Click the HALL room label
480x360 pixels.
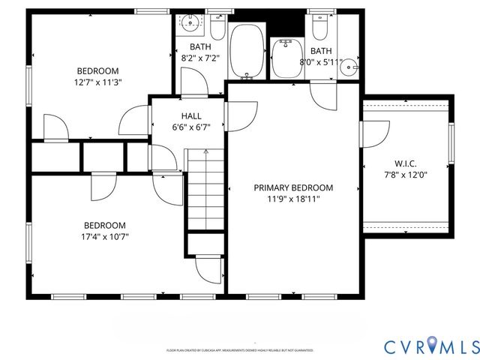tap(190, 115)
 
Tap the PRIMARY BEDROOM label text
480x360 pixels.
tap(292, 188)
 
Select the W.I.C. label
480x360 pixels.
tap(405, 163)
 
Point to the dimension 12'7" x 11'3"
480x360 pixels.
tap(97, 82)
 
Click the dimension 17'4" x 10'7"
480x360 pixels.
tap(104, 237)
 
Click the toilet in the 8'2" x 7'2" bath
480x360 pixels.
tap(217, 28)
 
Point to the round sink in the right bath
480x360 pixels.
tap(349, 67)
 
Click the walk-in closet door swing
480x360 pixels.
tap(375, 133)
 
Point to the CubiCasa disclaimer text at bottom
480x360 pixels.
tap(239, 350)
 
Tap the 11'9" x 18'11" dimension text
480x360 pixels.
tap(292, 199)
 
